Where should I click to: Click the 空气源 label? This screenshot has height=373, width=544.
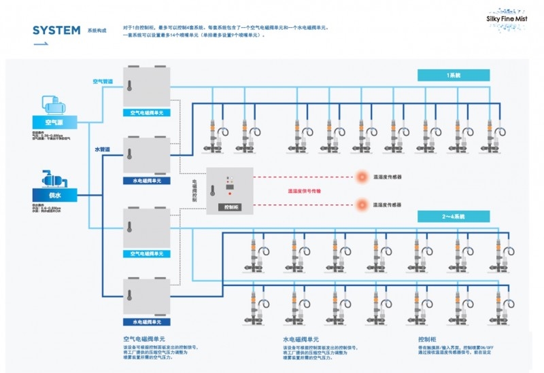tap(54, 122)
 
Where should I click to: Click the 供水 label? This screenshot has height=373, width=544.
tap(54, 195)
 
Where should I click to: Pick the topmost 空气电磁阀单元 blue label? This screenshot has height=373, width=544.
tap(146, 112)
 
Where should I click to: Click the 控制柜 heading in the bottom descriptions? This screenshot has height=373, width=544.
tap(427, 337)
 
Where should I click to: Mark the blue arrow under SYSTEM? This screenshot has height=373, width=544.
tap(40, 45)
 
